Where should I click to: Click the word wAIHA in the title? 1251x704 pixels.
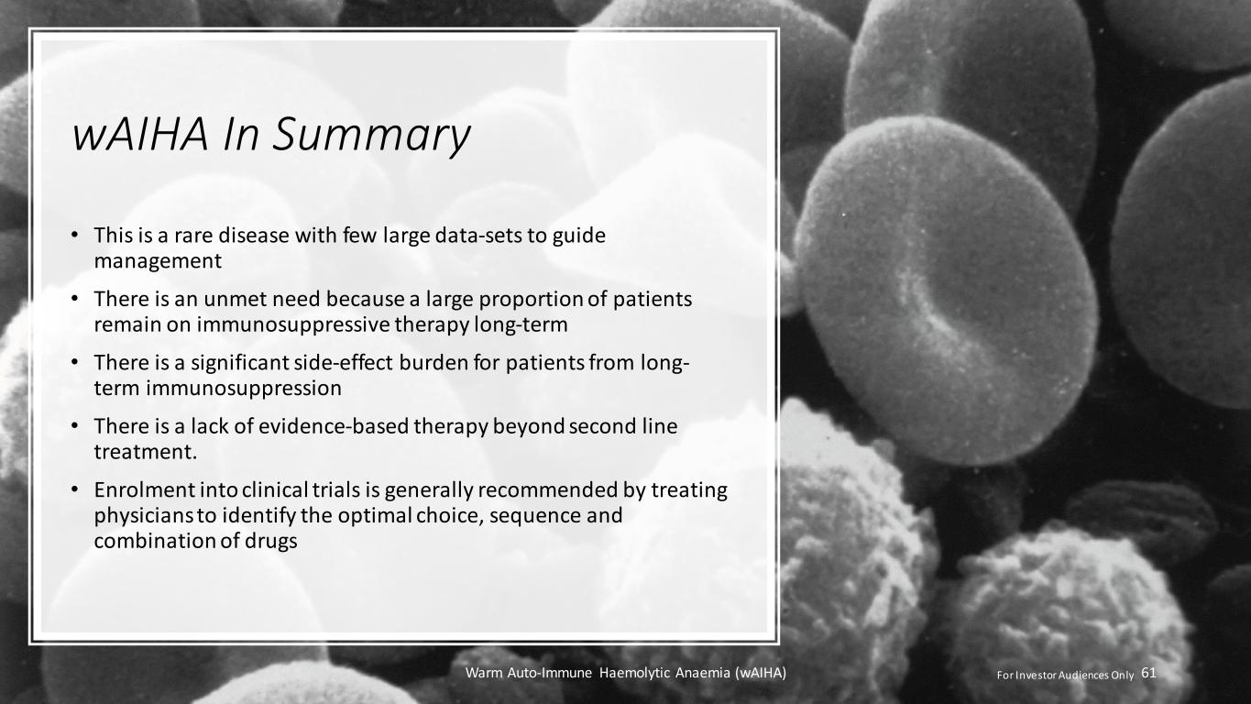pos(140,135)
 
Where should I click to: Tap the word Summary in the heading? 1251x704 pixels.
pos(371,137)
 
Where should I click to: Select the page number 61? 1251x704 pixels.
pos(1148,673)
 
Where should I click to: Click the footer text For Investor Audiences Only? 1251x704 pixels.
pos(1066,675)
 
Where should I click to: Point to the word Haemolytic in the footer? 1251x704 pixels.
pos(634,673)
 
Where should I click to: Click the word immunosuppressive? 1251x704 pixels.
pos(292,324)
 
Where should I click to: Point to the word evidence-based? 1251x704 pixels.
pos(333,426)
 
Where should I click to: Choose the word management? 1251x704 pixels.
pos(158,261)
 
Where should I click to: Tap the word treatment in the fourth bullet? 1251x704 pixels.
pos(144,452)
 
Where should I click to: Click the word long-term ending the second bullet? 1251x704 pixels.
pos(521,324)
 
